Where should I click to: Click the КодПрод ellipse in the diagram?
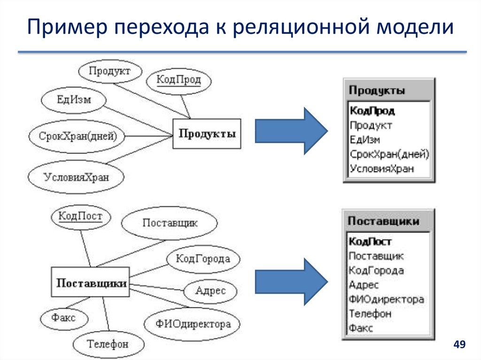[x=178, y=80]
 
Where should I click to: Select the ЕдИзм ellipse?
[x=74, y=100]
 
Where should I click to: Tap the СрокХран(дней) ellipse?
[x=78, y=137]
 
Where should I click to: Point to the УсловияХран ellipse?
[x=76, y=177]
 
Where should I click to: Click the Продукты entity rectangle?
[x=207, y=134]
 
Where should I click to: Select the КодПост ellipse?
[x=80, y=217]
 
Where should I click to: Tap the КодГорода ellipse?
[x=202, y=259]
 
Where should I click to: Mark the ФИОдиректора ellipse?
[x=192, y=324]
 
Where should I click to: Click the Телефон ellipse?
[x=107, y=344]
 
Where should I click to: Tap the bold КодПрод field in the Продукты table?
[x=372, y=111]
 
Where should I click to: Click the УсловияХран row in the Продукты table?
[x=382, y=169]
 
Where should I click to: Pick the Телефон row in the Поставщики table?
[x=370, y=314]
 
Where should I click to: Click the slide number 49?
[x=459, y=345]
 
